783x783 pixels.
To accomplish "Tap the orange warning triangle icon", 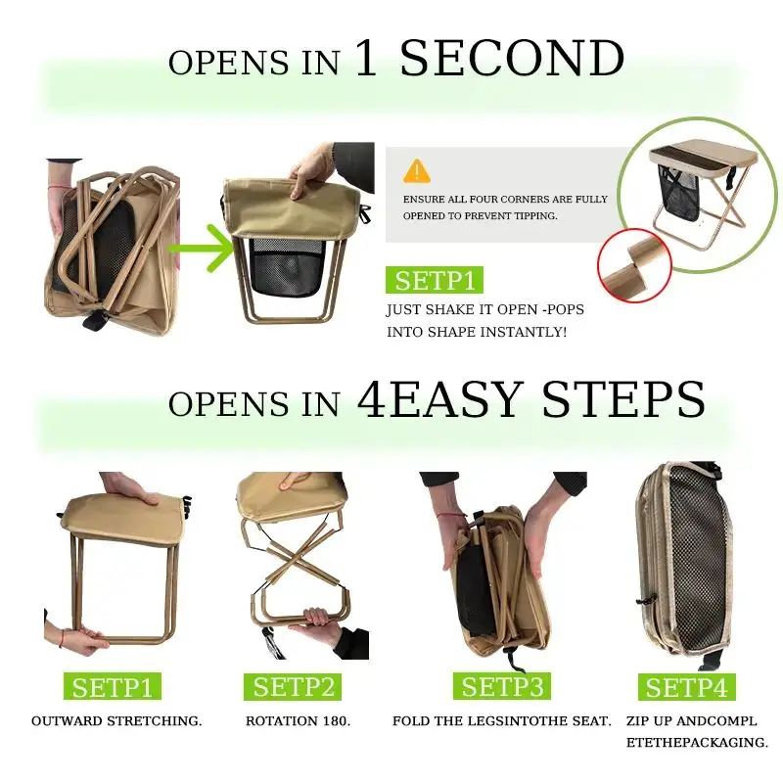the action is click(417, 170).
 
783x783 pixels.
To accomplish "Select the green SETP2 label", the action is click(293, 687).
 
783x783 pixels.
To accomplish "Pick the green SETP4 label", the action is click(686, 687).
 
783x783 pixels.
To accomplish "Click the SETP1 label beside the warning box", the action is click(435, 280).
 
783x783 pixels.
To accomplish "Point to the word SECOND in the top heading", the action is click(512, 59).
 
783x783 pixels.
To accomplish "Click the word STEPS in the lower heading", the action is click(623, 399).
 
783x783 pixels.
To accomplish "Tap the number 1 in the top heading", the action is click(366, 59).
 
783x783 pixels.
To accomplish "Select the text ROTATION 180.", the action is click(299, 721).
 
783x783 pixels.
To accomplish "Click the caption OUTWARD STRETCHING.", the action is click(116, 721).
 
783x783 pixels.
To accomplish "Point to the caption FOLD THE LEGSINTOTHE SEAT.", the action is click(501, 721).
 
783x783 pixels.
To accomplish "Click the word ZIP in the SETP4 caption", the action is click(637, 721).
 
